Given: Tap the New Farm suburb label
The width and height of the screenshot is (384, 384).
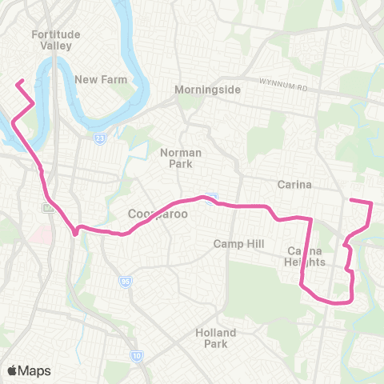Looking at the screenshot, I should pyautogui.click(x=97, y=79).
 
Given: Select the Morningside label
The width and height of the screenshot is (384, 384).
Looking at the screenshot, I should pyautogui.click(x=208, y=90).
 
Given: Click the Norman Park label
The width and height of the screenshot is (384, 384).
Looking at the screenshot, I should pyautogui.click(x=181, y=158).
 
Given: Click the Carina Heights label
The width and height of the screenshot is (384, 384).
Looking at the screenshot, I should pyautogui.click(x=306, y=256).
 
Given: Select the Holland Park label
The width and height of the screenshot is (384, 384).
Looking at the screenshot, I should pyautogui.click(x=216, y=338).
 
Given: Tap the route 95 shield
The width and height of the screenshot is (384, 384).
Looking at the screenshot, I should pyautogui.click(x=125, y=282).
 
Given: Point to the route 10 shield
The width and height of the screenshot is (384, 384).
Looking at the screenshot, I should pyautogui.click(x=138, y=354).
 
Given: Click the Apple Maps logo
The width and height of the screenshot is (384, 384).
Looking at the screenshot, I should pyautogui.click(x=29, y=370).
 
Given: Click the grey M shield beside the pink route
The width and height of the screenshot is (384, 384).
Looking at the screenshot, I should pyautogui.click(x=47, y=208).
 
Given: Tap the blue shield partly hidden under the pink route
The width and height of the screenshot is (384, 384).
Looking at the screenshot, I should pyautogui.click(x=211, y=198).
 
